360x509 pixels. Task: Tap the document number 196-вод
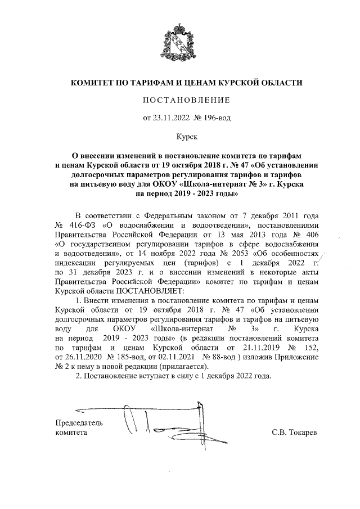click(212, 118)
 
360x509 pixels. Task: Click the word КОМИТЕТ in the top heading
click(92, 83)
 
